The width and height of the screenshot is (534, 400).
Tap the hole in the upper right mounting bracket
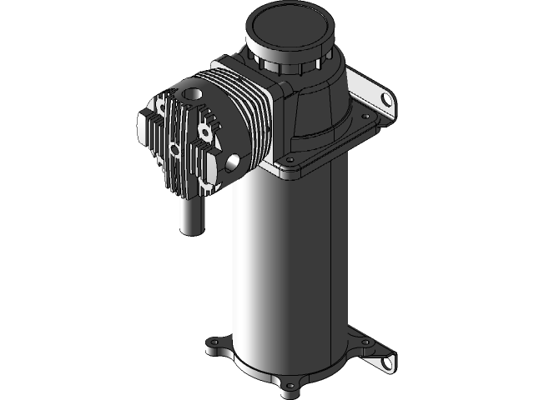(x=386, y=101)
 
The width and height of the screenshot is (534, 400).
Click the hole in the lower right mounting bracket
(x=387, y=360)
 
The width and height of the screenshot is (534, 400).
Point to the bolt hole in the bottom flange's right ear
(x=365, y=342)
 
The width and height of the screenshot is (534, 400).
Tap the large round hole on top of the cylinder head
(x=193, y=94)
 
